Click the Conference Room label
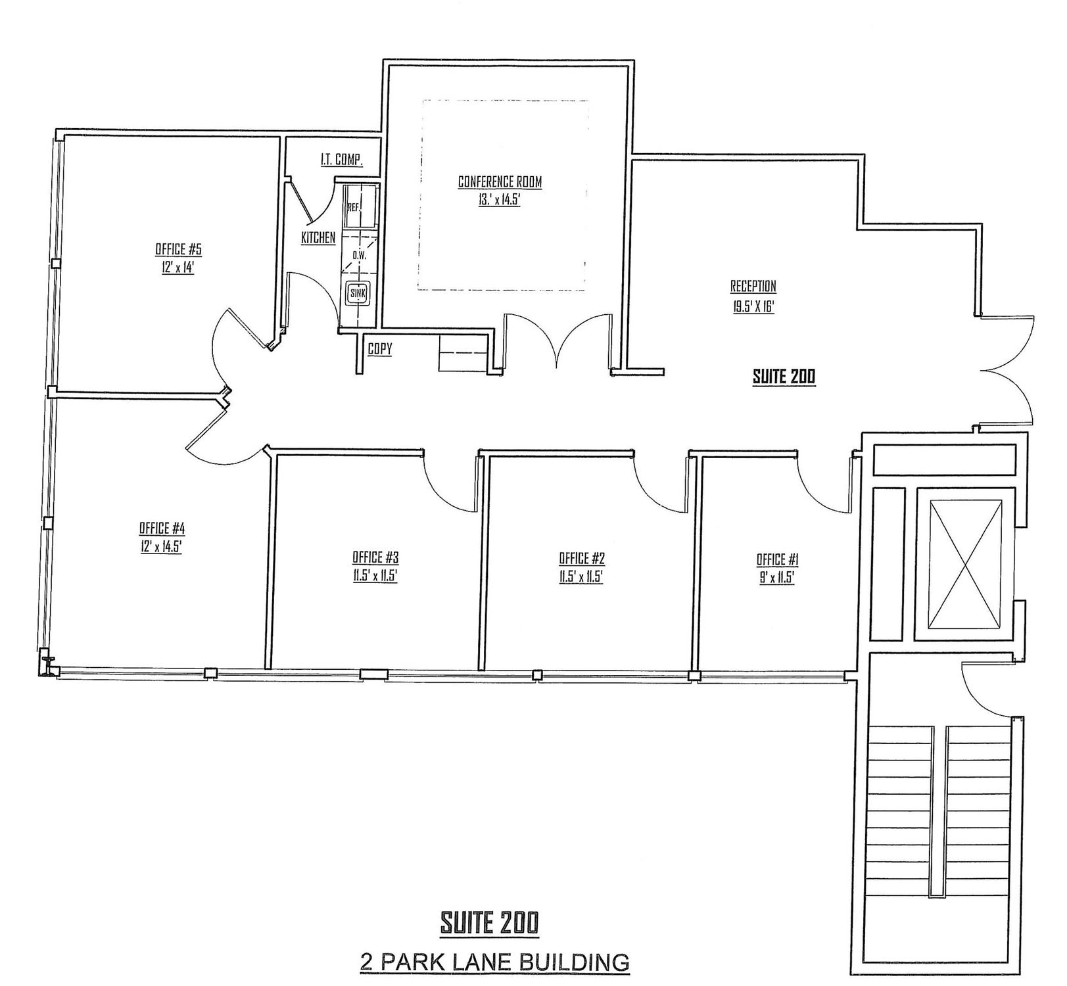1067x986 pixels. (x=500, y=181)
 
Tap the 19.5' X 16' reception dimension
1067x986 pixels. (x=753, y=306)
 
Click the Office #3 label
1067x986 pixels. (x=375, y=557)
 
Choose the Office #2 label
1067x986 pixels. (x=582, y=559)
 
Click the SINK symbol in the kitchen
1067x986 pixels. (x=358, y=293)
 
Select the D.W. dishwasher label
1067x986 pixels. (x=359, y=254)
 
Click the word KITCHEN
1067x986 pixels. (x=318, y=238)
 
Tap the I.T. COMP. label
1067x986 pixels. (x=342, y=160)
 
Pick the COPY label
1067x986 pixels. (x=379, y=349)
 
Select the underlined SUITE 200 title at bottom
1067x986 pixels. (x=488, y=922)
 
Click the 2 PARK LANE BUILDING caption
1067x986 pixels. (x=494, y=962)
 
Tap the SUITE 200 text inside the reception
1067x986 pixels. (x=784, y=377)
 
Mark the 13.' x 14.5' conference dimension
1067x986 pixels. (x=500, y=200)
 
